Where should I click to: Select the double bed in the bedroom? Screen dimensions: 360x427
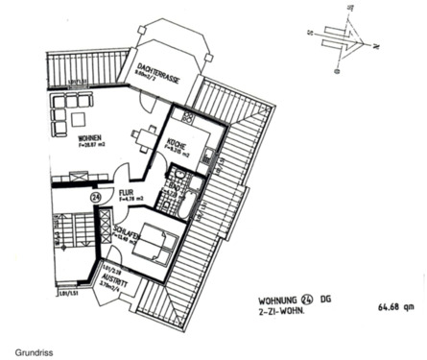(x=154, y=251)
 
